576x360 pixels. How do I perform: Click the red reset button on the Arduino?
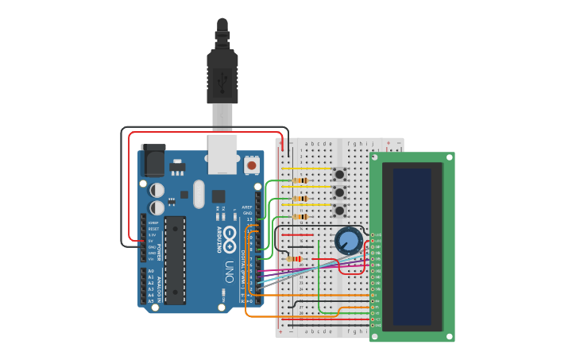point(252,165)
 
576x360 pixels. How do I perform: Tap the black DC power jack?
point(153,161)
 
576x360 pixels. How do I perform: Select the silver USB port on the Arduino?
point(222,153)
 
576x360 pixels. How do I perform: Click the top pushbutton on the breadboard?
point(339,174)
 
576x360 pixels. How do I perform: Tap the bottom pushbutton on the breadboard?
point(339,211)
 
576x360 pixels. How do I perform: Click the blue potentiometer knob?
point(348,240)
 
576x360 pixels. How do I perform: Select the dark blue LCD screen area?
point(412,246)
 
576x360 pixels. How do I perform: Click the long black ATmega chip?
point(175,260)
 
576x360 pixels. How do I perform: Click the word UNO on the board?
point(229,267)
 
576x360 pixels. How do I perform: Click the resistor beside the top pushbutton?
point(300,180)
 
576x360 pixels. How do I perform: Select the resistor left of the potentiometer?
point(296,258)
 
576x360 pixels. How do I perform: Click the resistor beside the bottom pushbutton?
point(300,216)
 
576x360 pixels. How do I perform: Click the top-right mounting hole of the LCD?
point(449,157)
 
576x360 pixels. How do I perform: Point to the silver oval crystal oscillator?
point(199,193)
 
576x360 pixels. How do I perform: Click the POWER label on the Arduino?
point(158,252)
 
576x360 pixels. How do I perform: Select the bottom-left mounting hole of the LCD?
point(375,337)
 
